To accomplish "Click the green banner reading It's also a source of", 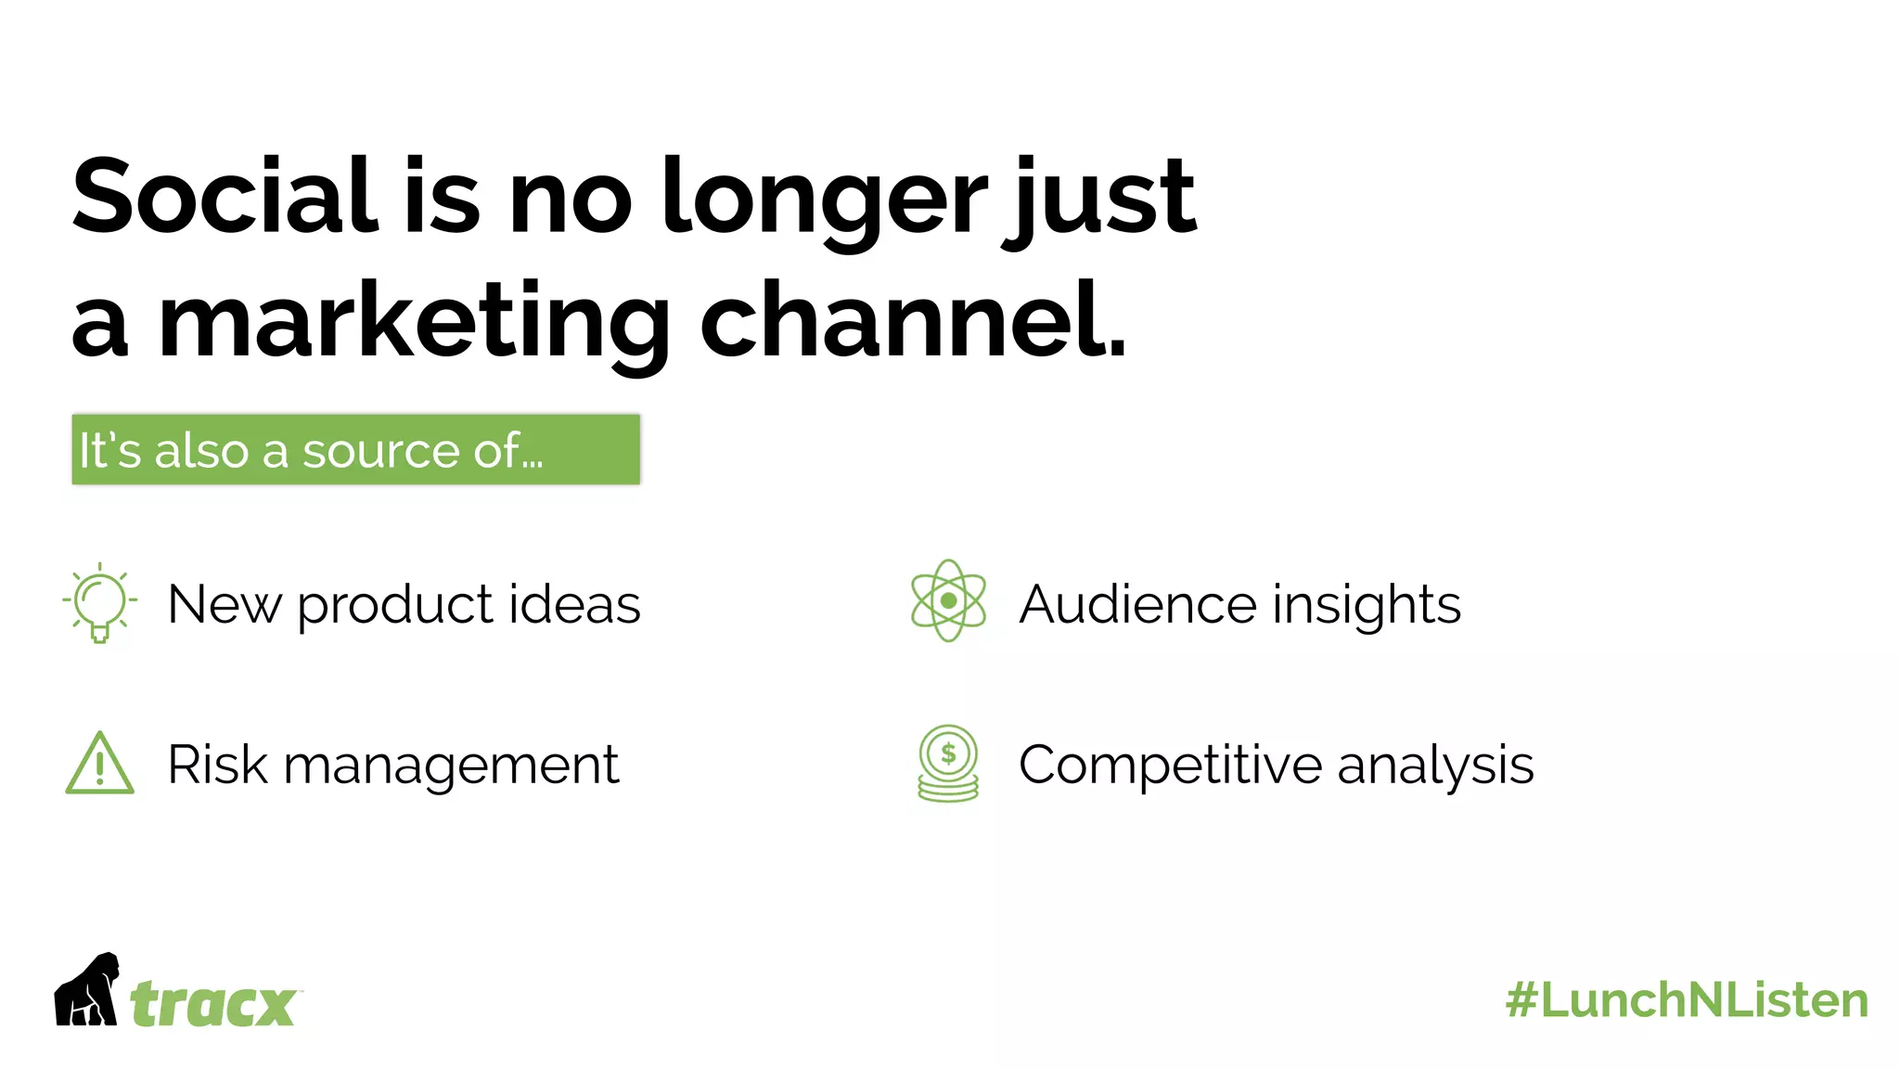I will pos(355,450).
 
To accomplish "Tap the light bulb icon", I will pos(99,602).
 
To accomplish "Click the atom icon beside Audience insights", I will pos(948,600).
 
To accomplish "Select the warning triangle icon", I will pos(100,765).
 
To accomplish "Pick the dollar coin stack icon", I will pos(948,763).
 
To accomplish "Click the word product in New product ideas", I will pos(395,606).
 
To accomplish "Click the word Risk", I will pos(217,765).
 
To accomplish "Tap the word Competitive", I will pos(1170,766).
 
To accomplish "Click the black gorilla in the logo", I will pos(87,990).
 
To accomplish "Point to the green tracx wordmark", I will pos(213,1004).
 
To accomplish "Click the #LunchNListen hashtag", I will pos(1687,1000).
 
